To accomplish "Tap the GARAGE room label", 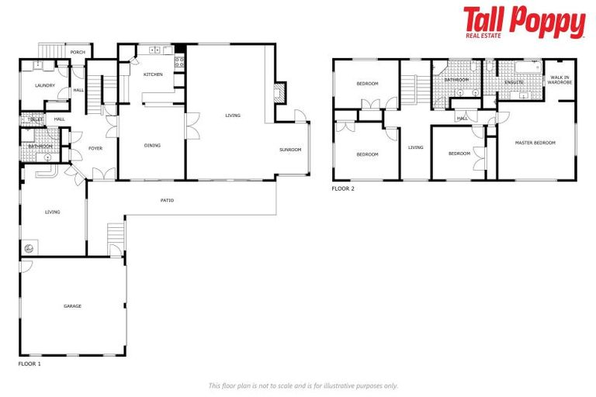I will tap(72, 306).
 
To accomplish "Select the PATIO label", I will tap(167, 201).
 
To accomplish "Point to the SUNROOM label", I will tap(291, 150).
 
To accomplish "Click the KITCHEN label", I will tap(153, 74).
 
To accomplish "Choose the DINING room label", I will tap(152, 145).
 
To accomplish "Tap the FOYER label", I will tap(95, 148).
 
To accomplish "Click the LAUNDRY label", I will tap(45, 85).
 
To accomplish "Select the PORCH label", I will tap(78, 53).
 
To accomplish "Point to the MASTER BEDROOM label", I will tap(536, 143).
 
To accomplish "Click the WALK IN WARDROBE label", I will tap(560, 80).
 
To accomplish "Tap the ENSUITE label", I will tap(515, 81).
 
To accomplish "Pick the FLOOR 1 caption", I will tap(29, 363).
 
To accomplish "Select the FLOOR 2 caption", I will tap(343, 188).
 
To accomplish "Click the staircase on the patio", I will tap(116, 232).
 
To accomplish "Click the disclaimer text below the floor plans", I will tap(303, 385).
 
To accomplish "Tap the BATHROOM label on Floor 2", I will tap(457, 79).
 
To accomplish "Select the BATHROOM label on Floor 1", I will tap(40, 146).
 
